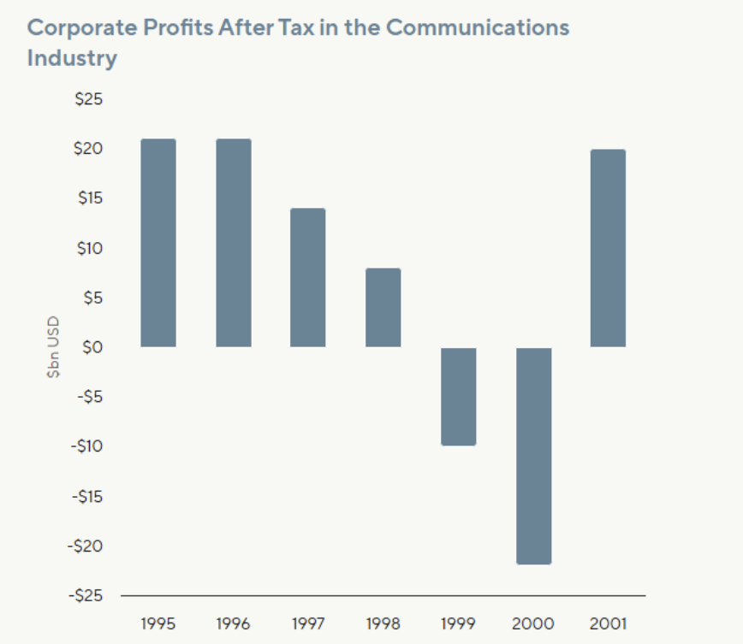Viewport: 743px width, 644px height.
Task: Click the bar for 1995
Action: [x=158, y=243]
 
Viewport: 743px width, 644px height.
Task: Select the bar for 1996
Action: [x=234, y=243]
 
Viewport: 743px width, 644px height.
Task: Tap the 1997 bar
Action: [x=307, y=278]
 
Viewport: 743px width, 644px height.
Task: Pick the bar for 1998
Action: [x=383, y=308]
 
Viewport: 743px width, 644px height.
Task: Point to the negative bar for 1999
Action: [x=458, y=396]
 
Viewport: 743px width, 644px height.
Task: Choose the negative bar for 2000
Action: [x=533, y=456]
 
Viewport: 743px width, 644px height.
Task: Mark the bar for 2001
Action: [x=608, y=248]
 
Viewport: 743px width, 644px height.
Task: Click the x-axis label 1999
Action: [x=458, y=623]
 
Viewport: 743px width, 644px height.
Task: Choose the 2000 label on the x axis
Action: [x=533, y=623]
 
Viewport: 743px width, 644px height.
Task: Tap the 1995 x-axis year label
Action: [x=158, y=623]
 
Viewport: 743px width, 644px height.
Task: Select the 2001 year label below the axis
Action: [x=608, y=623]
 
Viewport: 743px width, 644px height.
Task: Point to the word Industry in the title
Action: [x=72, y=59]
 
